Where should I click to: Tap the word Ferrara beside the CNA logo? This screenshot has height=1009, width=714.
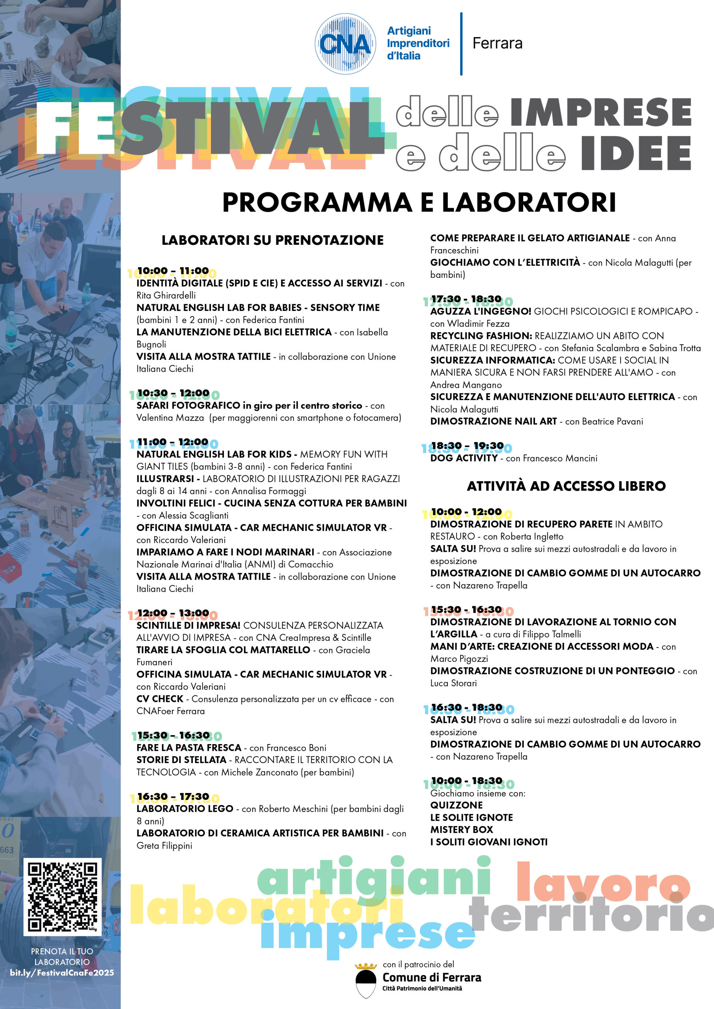(497, 43)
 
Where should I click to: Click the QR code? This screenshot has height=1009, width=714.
(62, 897)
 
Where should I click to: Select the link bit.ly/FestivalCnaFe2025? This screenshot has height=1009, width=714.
(62, 972)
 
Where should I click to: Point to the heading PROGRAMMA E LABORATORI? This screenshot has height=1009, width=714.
(419, 202)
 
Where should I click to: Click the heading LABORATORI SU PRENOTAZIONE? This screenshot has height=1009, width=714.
(272, 240)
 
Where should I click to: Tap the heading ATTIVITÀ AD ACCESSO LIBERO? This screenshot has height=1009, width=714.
(566, 486)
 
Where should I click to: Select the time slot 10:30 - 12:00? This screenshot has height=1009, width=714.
(173, 393)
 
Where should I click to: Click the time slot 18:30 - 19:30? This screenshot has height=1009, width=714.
(467, 446)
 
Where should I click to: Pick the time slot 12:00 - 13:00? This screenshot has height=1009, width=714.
(173, 612)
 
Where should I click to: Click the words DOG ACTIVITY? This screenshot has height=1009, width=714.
(463, 458)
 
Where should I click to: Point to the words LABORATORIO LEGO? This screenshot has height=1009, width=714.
(185, 809)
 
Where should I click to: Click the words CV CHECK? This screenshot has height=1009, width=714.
(160, 699)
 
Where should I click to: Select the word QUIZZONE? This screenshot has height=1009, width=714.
(457, 805)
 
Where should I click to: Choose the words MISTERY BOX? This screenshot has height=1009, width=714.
(462, 829)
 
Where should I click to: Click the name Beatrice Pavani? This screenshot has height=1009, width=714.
(612, 421)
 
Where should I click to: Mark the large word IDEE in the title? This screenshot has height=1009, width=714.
(636, 153)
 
